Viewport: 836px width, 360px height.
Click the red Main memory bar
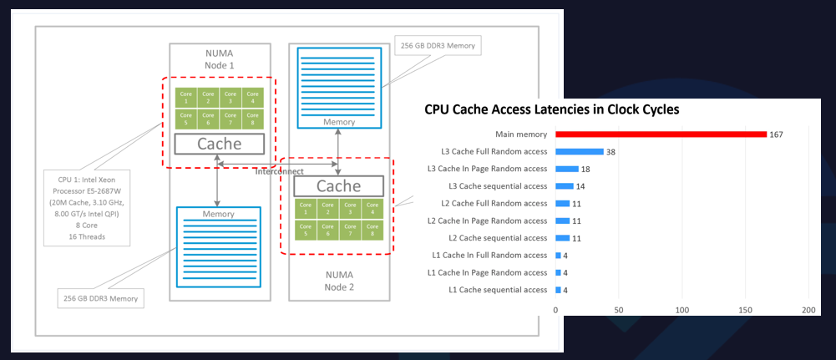(661, 134)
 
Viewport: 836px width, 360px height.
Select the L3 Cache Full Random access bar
(580, 151)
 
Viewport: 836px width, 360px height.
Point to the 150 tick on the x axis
(745, 310)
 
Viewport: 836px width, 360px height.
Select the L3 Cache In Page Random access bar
(567, 169)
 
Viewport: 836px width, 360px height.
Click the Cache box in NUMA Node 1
(219, 144)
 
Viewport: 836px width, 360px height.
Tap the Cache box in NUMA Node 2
(338, 185)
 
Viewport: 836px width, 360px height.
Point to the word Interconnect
(279, 170)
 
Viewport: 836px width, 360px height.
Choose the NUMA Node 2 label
(337, 281)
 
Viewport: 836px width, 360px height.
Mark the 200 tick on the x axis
(808, 310)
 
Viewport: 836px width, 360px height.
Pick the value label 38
(611, 151)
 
